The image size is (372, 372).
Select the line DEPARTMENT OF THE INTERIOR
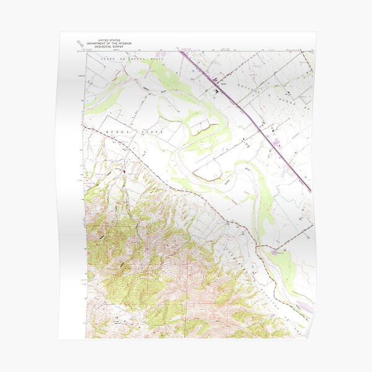(x=105, y=42)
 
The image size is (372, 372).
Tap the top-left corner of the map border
(x=85, y=52)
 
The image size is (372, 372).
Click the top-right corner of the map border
(x=313, y=52)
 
